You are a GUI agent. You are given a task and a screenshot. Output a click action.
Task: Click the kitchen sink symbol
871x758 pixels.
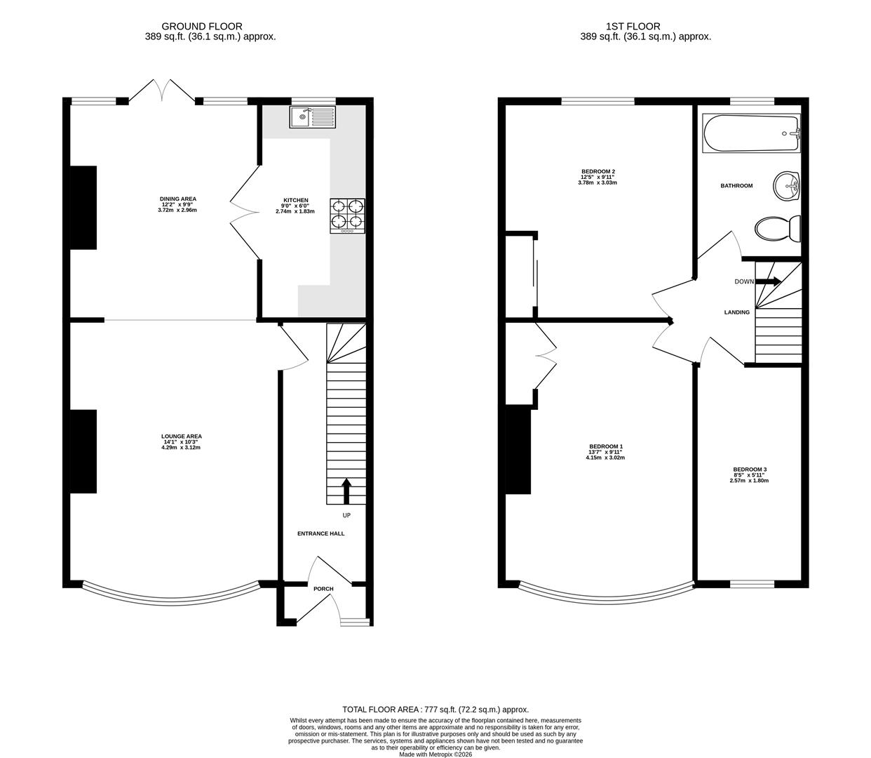(313, 117)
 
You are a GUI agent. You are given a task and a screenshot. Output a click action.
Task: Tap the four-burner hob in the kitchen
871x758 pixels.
(348, 215)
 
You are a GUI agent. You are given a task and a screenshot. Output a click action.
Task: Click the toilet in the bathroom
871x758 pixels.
(778, 228)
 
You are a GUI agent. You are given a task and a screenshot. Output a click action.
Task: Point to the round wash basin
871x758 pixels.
(787, 186)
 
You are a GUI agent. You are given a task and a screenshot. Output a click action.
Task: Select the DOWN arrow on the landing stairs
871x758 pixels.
(768, 281)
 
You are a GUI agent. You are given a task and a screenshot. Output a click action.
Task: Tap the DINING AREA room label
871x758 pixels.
(177, 199)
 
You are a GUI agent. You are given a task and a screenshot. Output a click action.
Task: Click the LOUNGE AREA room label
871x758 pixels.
(181, 437)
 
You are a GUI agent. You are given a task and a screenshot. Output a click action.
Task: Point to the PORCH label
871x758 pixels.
(323, 589)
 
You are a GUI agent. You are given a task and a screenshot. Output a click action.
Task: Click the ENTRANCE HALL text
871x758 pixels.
(320, 533)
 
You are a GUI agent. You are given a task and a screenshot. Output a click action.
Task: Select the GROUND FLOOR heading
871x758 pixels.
(202, 27)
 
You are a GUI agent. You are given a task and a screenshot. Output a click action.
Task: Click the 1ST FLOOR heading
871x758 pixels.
(645, 27)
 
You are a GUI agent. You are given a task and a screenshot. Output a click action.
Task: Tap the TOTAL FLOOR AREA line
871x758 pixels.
(435, 710)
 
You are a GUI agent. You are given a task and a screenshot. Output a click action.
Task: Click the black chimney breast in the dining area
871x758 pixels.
(83, 208)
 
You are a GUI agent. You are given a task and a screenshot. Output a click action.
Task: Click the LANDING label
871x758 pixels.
(736, 312)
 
